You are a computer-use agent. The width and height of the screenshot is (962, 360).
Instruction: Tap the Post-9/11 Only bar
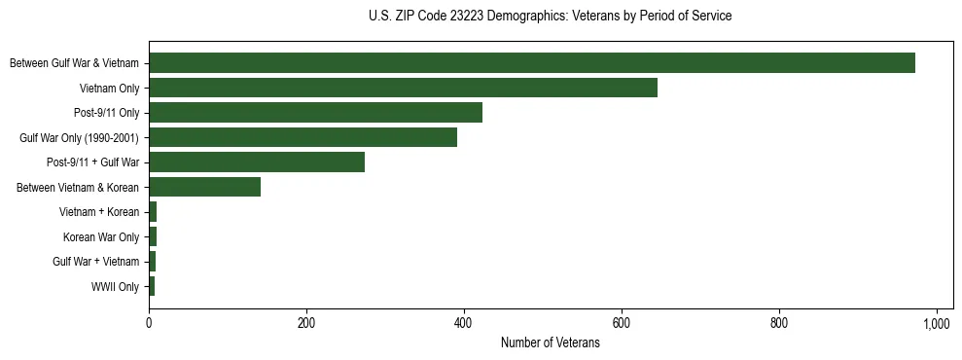click(x=315, y=113)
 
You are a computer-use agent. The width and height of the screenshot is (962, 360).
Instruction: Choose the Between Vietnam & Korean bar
click(x=204, y=187)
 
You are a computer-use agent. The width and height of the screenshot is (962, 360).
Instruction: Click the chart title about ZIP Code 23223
click(x=550, y=17)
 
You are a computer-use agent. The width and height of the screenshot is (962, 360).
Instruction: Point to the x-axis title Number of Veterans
click(x=550, y=342)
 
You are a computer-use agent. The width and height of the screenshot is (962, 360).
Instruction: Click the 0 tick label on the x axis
click(x=149, y=323)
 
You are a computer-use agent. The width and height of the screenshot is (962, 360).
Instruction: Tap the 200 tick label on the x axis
click(x=306, y=323)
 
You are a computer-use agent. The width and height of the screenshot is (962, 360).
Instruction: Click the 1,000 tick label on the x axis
click(x=936, y=323)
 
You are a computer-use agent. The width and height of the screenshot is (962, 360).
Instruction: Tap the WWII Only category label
click(x=115, y=287)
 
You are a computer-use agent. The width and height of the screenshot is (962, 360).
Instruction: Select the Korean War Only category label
click(x=101, y=237)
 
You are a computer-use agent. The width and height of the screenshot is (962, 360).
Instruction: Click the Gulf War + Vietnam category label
click(x=96, y=262)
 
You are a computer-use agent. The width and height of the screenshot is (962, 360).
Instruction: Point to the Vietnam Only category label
click(x=109, y=89)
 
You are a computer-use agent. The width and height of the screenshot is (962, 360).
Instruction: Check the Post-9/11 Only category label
click(x=106, y=113)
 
